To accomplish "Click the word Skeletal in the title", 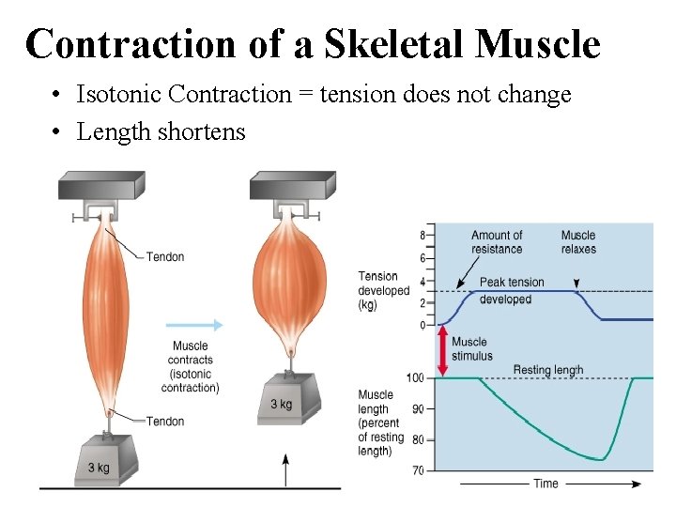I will pyautogui.click(x=392, y=43).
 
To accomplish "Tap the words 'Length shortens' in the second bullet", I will pyautogui.click(x=161, y=132).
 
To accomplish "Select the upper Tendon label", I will pyautogui.click(x=165, y=256).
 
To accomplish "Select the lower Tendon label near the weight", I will pyautogui.click(x=165, y=421).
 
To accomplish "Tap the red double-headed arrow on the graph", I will pyautogui.click(x=440, y=350).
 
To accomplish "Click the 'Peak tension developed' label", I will pyautogui.click(x=512, y=291).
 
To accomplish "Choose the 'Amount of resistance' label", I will pyautogui.click(x=497, y=242).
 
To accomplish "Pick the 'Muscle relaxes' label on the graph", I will pyautogui.click(x=578, y=242).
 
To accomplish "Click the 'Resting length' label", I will pyautogui.click(x=548, y=370).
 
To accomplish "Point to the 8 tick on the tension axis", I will pyautogui.click(x=422, y=235).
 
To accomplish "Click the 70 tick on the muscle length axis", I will pyautogui.click(x=417, y=469).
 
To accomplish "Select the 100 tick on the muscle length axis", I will pyautogui.click(x=414, y=377).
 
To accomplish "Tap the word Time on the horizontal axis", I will pyautogui.click(x=545, y=484).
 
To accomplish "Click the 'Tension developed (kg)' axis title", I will pyautogui.click(x=383, y=290).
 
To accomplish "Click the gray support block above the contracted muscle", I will pyautogui.click(x=292, y=185).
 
